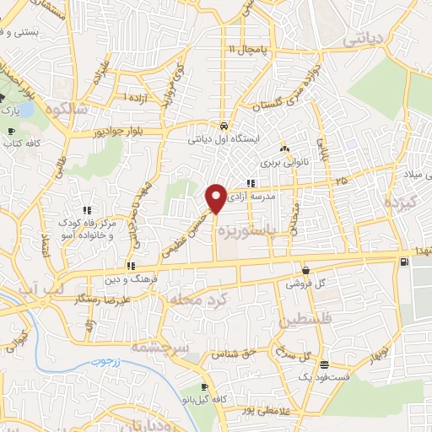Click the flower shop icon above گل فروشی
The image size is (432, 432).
pyautogui.click(x=305, y=271)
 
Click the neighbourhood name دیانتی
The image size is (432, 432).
pyautogui.click(x=364, y=38)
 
